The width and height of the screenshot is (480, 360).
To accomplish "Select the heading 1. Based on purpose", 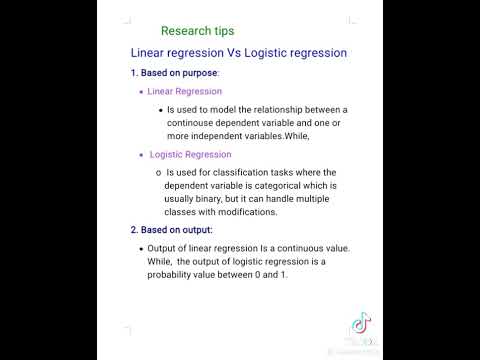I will [x=174, y=73].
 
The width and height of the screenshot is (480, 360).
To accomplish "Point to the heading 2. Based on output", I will [x=171, y=230].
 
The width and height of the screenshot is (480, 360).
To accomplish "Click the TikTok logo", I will [x=357, y=324].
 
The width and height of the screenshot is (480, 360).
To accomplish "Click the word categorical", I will [x=275, y=185].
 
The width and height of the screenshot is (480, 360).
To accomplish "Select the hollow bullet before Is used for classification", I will [x=157, y=172].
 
